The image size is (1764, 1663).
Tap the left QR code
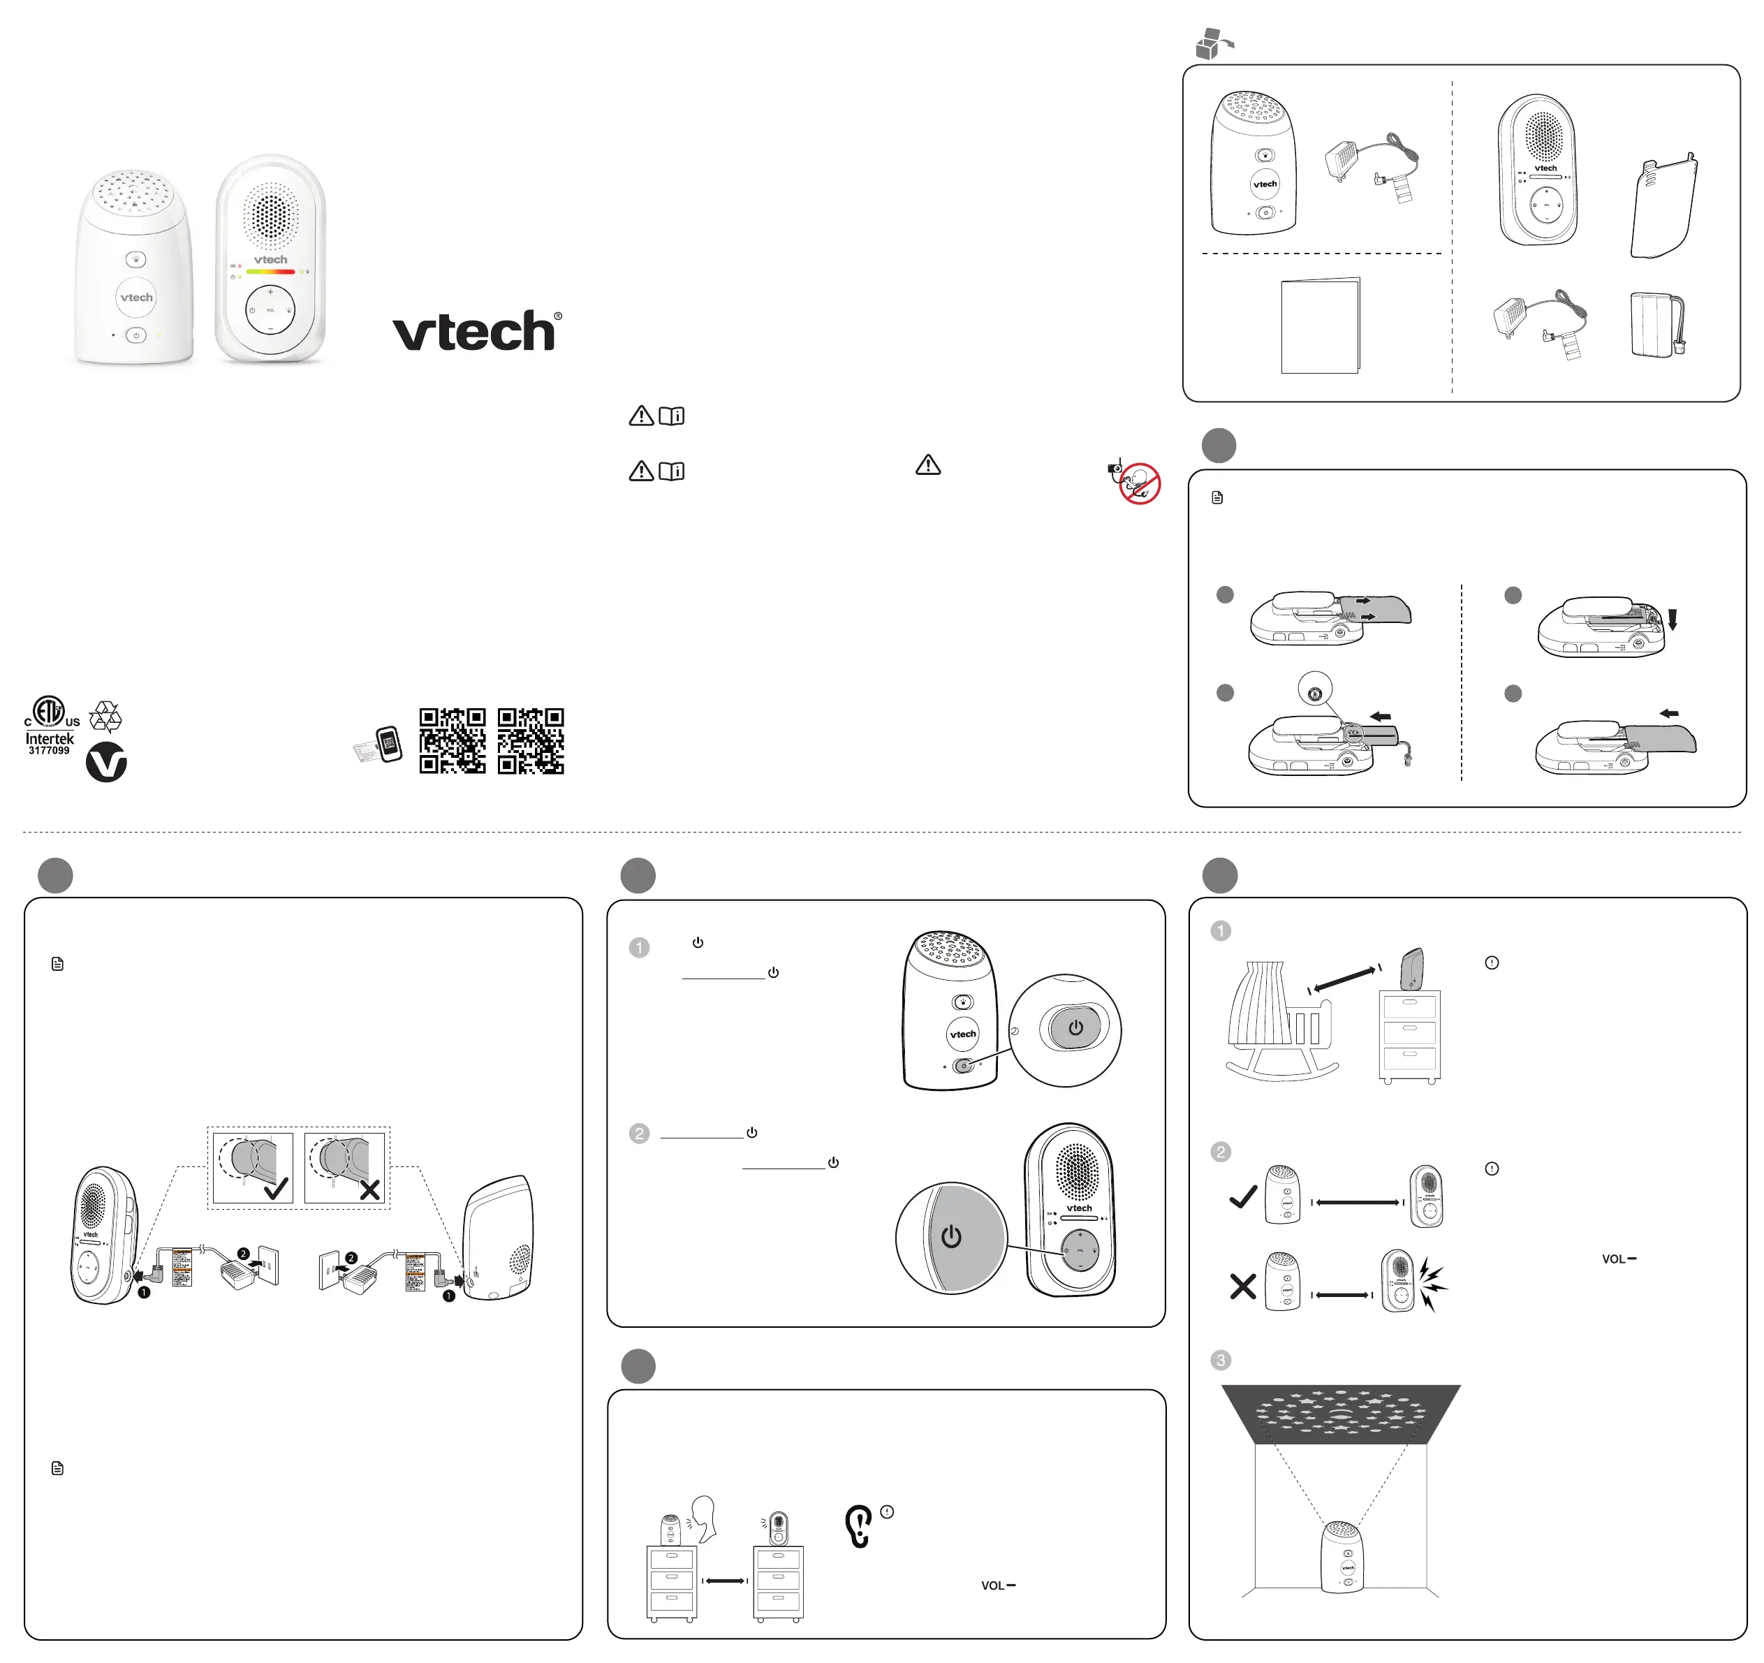(453, 740)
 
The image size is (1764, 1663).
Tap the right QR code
(531, 740)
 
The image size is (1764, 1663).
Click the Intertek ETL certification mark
(50, 724)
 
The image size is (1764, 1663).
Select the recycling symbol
(105, 715)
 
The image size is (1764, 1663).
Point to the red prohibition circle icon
(1139, 483)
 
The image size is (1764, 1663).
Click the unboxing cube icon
(1212, 43)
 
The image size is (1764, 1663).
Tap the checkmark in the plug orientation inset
(276, 1188)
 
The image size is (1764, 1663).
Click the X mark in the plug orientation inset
(369, 1189)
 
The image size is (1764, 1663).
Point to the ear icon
(858, 1526)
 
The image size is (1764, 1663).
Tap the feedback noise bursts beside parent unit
(1432, 1284)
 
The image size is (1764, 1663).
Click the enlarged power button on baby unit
(1075, 1029)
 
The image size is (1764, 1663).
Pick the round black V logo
(106, 762)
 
